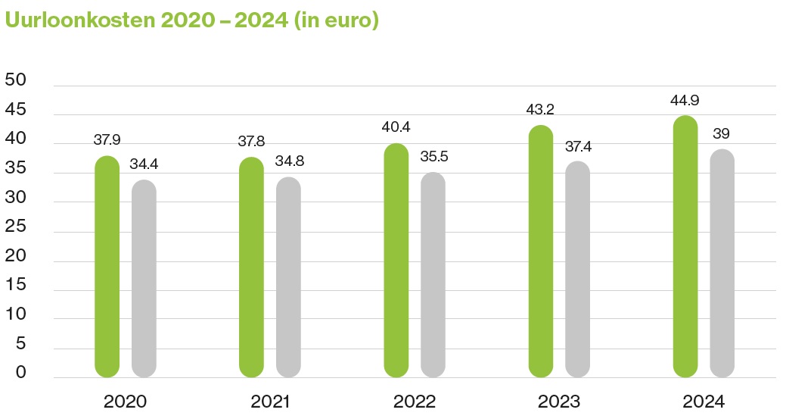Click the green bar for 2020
107,267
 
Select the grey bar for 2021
288,277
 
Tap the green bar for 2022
396,260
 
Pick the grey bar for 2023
577,269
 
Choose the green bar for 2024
685,246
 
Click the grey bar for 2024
722,263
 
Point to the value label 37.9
107,140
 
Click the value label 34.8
288,161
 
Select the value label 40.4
396,127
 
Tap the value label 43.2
541,110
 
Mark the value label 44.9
685,100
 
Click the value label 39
722,134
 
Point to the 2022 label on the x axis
415,401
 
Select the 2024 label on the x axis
704,401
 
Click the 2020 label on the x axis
126,401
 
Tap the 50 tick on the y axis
16,81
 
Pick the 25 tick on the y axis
16,227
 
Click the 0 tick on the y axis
20,373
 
